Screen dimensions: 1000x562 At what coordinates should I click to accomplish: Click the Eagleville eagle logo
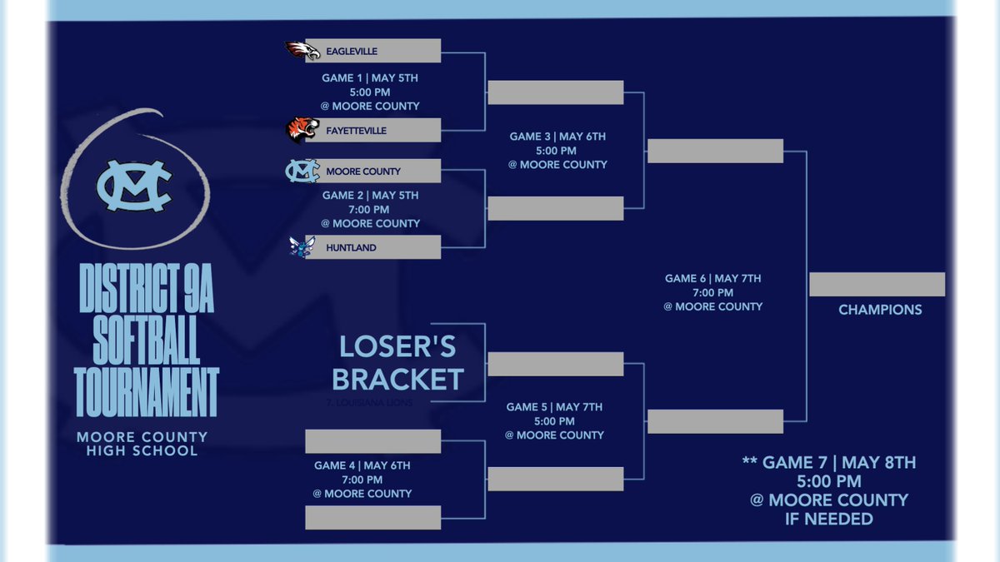(301, 51)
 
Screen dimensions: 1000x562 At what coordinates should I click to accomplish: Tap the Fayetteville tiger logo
(302, 131)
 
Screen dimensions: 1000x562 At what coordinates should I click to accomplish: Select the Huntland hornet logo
(300, 247)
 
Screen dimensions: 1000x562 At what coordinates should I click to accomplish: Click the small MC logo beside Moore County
(302, 171)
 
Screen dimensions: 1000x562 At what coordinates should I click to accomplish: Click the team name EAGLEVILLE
(352, 52)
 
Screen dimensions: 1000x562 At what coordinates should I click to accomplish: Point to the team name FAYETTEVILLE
(357, 131)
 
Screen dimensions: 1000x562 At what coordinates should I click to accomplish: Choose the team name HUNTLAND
(351, 247)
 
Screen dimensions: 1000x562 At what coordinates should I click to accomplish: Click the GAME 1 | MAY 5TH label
(370, 77)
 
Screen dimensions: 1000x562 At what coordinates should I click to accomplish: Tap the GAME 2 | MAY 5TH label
(370, 195)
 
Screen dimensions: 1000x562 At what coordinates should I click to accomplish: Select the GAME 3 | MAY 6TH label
(557, 137)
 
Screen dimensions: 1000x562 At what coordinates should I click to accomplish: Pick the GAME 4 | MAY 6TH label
(362, 465)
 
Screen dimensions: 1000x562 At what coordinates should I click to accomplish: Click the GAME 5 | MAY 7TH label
(554, 407)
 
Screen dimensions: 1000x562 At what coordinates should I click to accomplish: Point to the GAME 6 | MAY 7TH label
(712, 278)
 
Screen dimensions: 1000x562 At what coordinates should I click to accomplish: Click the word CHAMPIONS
(880, 310)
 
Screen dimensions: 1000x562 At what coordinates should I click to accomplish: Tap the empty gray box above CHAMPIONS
(877, 284)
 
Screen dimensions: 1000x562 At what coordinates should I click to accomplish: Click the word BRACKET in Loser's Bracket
(397, 380)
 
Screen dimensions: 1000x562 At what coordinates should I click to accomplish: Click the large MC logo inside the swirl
(134, 184)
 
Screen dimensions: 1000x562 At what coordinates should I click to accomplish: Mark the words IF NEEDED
(828, 519)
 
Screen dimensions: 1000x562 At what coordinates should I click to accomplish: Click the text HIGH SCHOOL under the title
(142, 451)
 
